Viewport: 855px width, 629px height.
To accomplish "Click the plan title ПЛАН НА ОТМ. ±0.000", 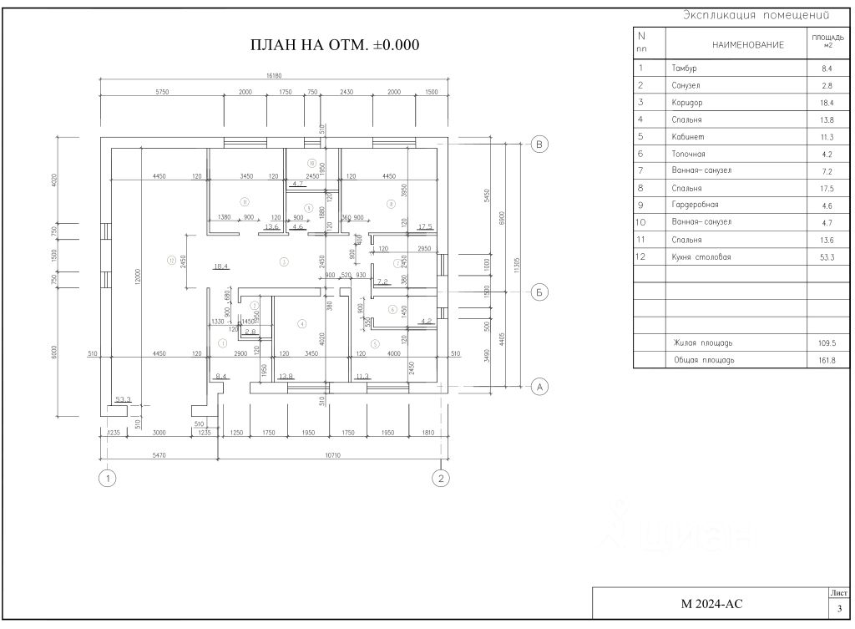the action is (x=335, y=45).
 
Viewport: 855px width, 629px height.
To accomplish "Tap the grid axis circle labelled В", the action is (x=539, y=145).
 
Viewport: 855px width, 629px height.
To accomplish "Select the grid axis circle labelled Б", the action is (x=539, y=292).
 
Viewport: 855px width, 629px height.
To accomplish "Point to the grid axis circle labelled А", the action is (x=539, y=386).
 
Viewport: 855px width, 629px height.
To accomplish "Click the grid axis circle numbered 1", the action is (x=106, y=479).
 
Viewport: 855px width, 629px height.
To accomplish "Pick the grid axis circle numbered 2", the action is (x=440, y=479).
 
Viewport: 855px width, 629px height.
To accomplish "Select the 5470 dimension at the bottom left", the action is (x=159, y=456).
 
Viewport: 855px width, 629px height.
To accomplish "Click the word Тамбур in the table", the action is (x=684, y=68).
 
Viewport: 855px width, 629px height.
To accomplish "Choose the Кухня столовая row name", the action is (x=701, y=257).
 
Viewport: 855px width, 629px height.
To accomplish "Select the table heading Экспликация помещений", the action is (x=756, y=15).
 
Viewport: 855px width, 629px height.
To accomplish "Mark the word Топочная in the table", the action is (x=689, y=155).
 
